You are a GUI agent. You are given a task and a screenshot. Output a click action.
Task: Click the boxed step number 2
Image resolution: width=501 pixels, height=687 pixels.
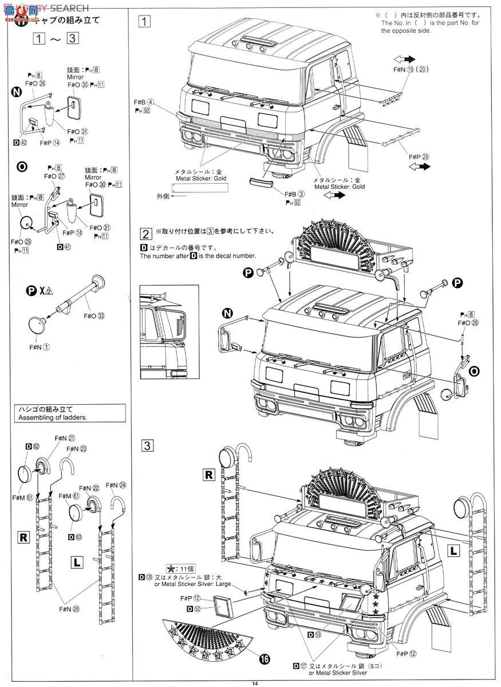click(x=146, y=233)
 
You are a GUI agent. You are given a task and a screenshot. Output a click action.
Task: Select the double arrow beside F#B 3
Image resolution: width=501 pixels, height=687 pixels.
click(x=334, y=195)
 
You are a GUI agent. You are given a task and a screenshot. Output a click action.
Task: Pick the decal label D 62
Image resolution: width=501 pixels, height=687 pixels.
click(x=32, y=447)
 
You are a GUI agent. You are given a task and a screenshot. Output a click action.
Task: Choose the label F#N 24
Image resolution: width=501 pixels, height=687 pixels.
click(x=115, y=485)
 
